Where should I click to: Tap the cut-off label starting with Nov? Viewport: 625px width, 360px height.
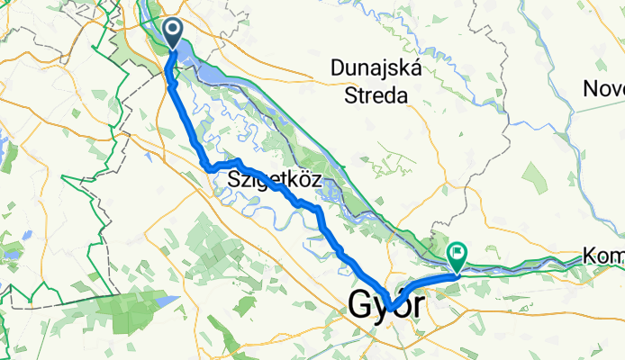click(604, 89)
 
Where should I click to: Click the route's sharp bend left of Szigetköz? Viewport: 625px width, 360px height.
click(208, 166)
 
